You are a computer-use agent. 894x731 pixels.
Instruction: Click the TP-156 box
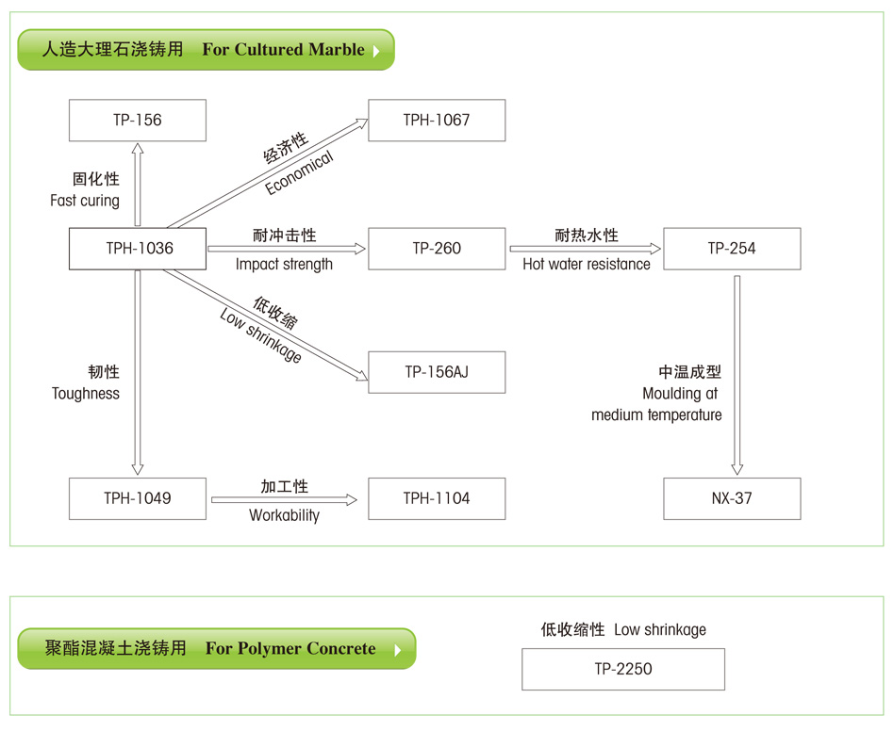[138, 121]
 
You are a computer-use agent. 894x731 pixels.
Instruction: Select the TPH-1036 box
[138, 249]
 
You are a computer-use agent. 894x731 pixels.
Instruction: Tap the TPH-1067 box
[437, 121]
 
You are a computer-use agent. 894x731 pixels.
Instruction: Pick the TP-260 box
[437, 249]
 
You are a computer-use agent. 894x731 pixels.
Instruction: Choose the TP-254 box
[732, 249]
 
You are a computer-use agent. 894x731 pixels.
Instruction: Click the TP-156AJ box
[437, 372]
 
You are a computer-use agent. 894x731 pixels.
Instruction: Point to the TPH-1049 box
[138, 498]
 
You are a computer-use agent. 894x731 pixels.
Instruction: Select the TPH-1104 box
[437, 498]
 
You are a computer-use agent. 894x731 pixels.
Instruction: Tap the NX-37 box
[732, 498]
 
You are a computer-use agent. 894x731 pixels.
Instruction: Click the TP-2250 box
[623, 670]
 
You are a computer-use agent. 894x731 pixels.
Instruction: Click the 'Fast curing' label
[85, 201]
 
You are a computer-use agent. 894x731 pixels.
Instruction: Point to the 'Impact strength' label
[284, 265]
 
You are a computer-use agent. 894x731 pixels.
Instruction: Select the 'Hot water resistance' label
[587, 265]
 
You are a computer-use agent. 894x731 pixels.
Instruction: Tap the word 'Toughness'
[86, 394]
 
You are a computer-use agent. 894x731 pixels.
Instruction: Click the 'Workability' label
[284, 515]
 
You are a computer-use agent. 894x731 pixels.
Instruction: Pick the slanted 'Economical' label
[300, 172]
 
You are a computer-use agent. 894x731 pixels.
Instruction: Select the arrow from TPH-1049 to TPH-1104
[284, 500]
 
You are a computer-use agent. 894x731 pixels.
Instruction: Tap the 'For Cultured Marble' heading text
[283, 50]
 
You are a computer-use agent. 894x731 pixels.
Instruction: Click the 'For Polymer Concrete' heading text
[290, 649]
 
